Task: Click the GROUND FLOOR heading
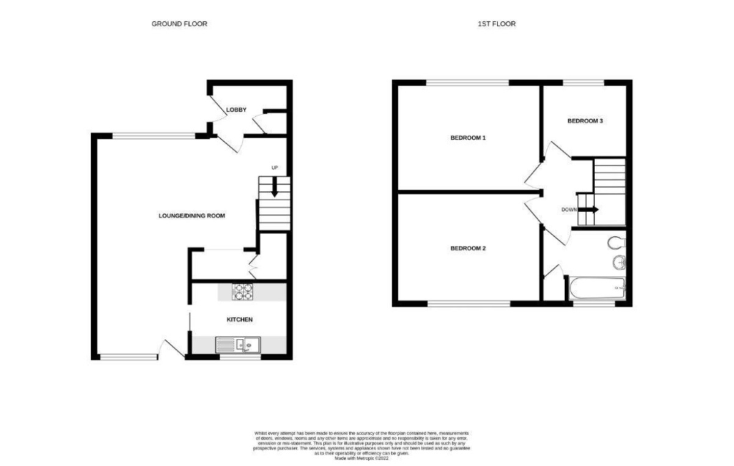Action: (179, 24)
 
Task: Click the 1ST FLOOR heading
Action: (497, 24)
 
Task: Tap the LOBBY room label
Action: (236, 110)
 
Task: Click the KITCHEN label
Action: (240, 320)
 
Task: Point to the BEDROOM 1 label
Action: (468, 138)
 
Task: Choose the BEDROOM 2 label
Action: (468, 248)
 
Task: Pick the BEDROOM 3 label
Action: (585, 121)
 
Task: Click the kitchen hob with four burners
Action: (242, 292)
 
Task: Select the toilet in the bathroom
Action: (616, 243)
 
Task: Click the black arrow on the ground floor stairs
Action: (275, 187)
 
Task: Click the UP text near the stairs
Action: (275, 168)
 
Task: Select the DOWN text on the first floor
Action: (569, 209)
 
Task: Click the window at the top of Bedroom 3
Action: (583, 83)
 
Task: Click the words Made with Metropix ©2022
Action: (365, 457)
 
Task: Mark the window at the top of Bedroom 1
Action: (468, 83)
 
